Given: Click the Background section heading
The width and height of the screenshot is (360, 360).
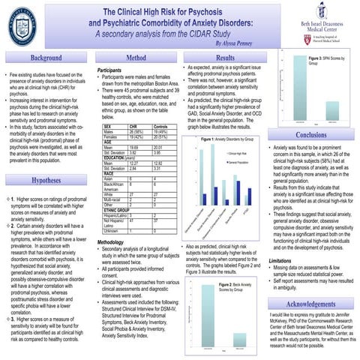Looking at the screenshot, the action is pos(41,58).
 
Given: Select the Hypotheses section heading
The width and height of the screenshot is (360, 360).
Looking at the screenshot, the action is pos(41,181).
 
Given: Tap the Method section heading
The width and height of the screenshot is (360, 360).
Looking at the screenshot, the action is pos(137,58).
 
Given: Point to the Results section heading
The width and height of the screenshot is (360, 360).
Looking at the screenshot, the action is pos(225,58).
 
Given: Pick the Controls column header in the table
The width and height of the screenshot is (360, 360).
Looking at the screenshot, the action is pos(160,127).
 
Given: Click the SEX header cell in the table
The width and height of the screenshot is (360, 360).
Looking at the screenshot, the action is pos(108,127).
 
